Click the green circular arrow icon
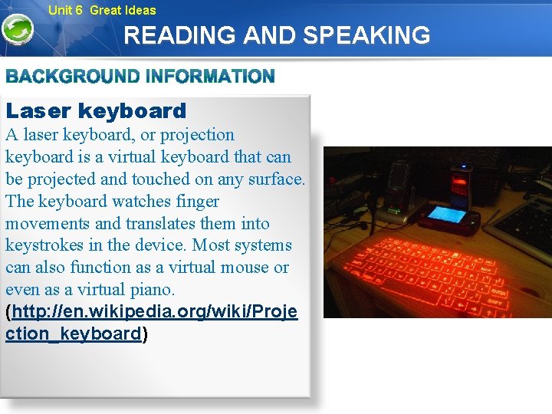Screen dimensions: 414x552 [17, 30]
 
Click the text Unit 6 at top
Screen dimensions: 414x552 [65, 10]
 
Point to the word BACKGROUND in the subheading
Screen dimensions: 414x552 [71, 77]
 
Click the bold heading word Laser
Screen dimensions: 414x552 [38, 111]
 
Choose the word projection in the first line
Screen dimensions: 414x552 [197, 135]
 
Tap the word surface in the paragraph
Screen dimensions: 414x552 [275, 179]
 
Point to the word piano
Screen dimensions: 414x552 [150, 290]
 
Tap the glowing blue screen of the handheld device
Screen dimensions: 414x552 [447, 215]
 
